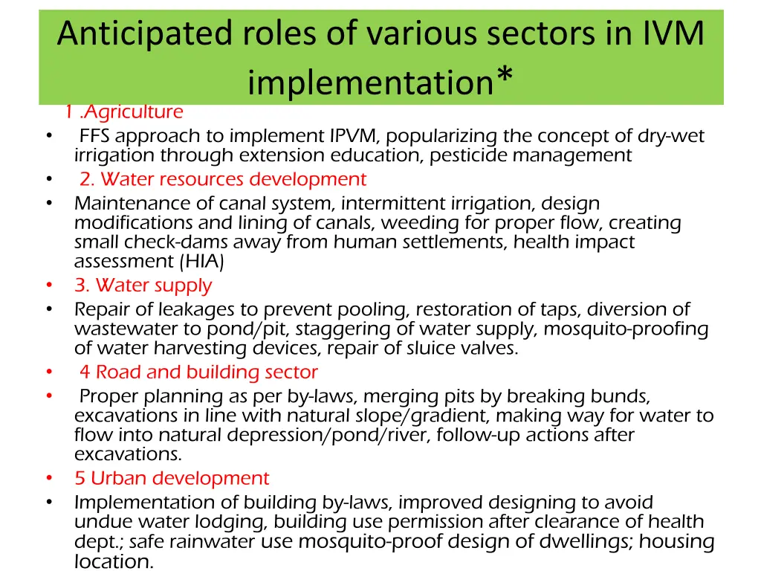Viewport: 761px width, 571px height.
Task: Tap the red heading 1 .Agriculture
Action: point(123,112)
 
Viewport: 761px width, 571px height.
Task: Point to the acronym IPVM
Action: point(354,136)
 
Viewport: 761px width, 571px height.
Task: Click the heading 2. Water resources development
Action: point(223,179)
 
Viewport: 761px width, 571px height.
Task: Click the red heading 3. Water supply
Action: point(143,285)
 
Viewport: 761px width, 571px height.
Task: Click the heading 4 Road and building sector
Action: point(198,372)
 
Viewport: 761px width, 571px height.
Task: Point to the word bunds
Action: point(626,396)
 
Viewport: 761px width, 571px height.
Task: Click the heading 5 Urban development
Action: point(172,478)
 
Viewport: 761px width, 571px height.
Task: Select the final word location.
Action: point(114,562)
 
